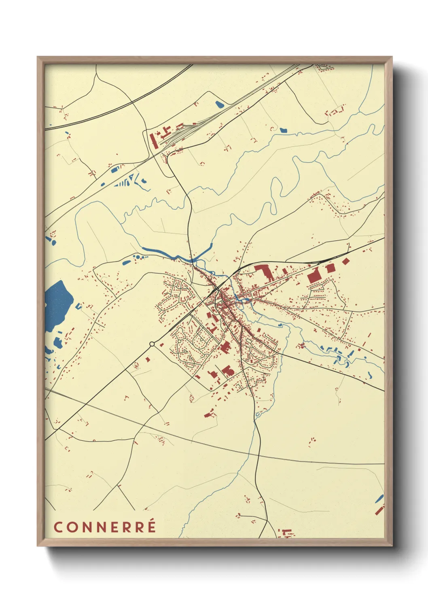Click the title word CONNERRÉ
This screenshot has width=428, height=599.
(105, 527)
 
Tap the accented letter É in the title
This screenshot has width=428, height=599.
(151, 526)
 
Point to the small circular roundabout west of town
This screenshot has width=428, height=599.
(152, 344)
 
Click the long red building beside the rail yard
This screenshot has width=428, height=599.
(153, 140)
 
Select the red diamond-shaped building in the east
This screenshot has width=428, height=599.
(345, 261)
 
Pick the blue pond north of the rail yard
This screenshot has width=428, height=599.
(219, 104)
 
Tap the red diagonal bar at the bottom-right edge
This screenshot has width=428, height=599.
(379, 510)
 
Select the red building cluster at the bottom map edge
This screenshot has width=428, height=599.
(286, 533)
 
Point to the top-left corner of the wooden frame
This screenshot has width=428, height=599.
(38, 57)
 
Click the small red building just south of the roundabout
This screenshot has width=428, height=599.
(148, 359)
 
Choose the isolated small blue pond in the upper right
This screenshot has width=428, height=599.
(283, 130)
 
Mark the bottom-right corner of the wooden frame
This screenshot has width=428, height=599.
(392, 545)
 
